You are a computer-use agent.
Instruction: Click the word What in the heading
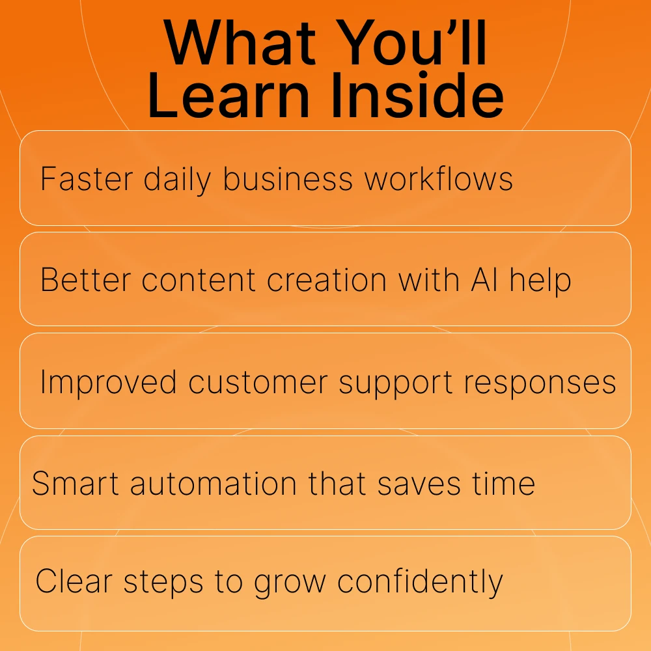point(240,42)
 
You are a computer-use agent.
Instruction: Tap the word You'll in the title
point(411,42)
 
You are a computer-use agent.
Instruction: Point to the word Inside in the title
point(418,96)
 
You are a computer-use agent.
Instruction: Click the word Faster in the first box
point(87,179)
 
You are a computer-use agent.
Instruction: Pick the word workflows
point(438,178)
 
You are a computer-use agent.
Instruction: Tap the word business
point(288,178)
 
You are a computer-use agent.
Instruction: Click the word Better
point(86,280)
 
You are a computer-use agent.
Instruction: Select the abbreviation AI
point(484,280)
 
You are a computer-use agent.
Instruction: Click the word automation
point(213,484)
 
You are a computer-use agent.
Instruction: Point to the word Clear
point(74,581)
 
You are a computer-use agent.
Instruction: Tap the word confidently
point(420,583)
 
